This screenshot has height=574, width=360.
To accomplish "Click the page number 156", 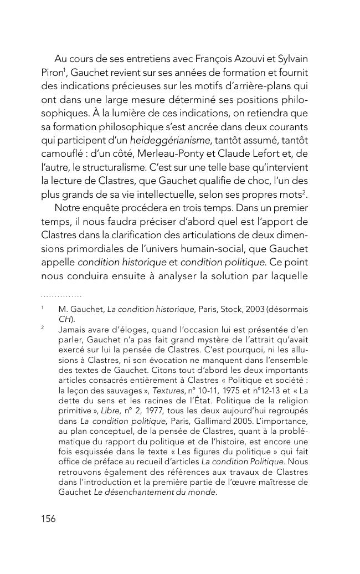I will pyautogui.click(x=49, y=519).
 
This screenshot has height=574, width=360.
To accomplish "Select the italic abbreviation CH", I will pyautogui.click(x=65, y=319).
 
